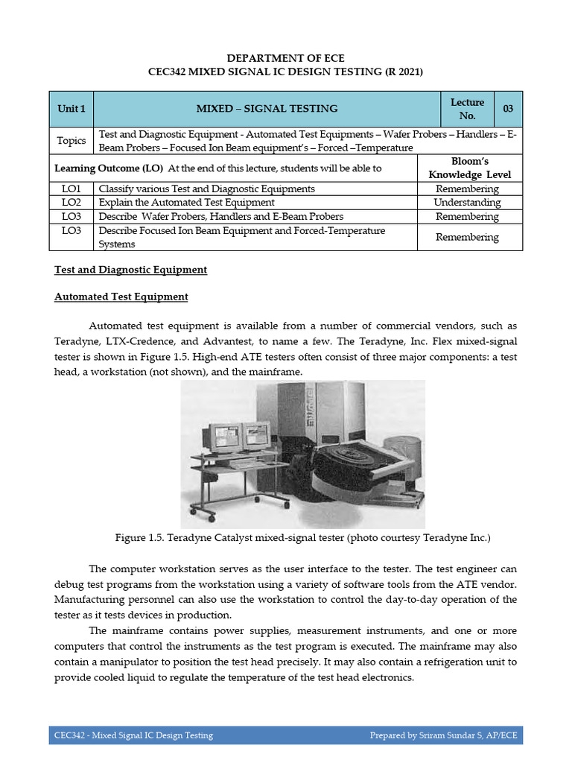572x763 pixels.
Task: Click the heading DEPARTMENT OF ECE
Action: click(x=286, y=57)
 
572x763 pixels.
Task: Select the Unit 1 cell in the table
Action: click(x=71, y=109)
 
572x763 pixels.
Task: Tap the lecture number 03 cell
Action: click(x=508, y=109)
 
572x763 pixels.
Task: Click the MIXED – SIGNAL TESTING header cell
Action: click(x=267, y=109)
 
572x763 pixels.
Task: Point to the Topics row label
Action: click(x=71, y=140)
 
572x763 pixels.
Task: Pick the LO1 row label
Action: click(x=71, y=189)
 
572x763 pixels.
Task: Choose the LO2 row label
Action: click(x=71, y=203)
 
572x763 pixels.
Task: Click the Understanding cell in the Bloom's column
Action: click(x=467, y=203)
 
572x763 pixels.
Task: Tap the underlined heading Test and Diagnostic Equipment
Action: click(x=131, y=270)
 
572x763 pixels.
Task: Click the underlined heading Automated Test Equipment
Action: click(x=121, y=297)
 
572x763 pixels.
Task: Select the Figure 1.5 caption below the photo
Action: click(x=303, y=537)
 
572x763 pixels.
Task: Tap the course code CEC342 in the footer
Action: click(x=69, y=735)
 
